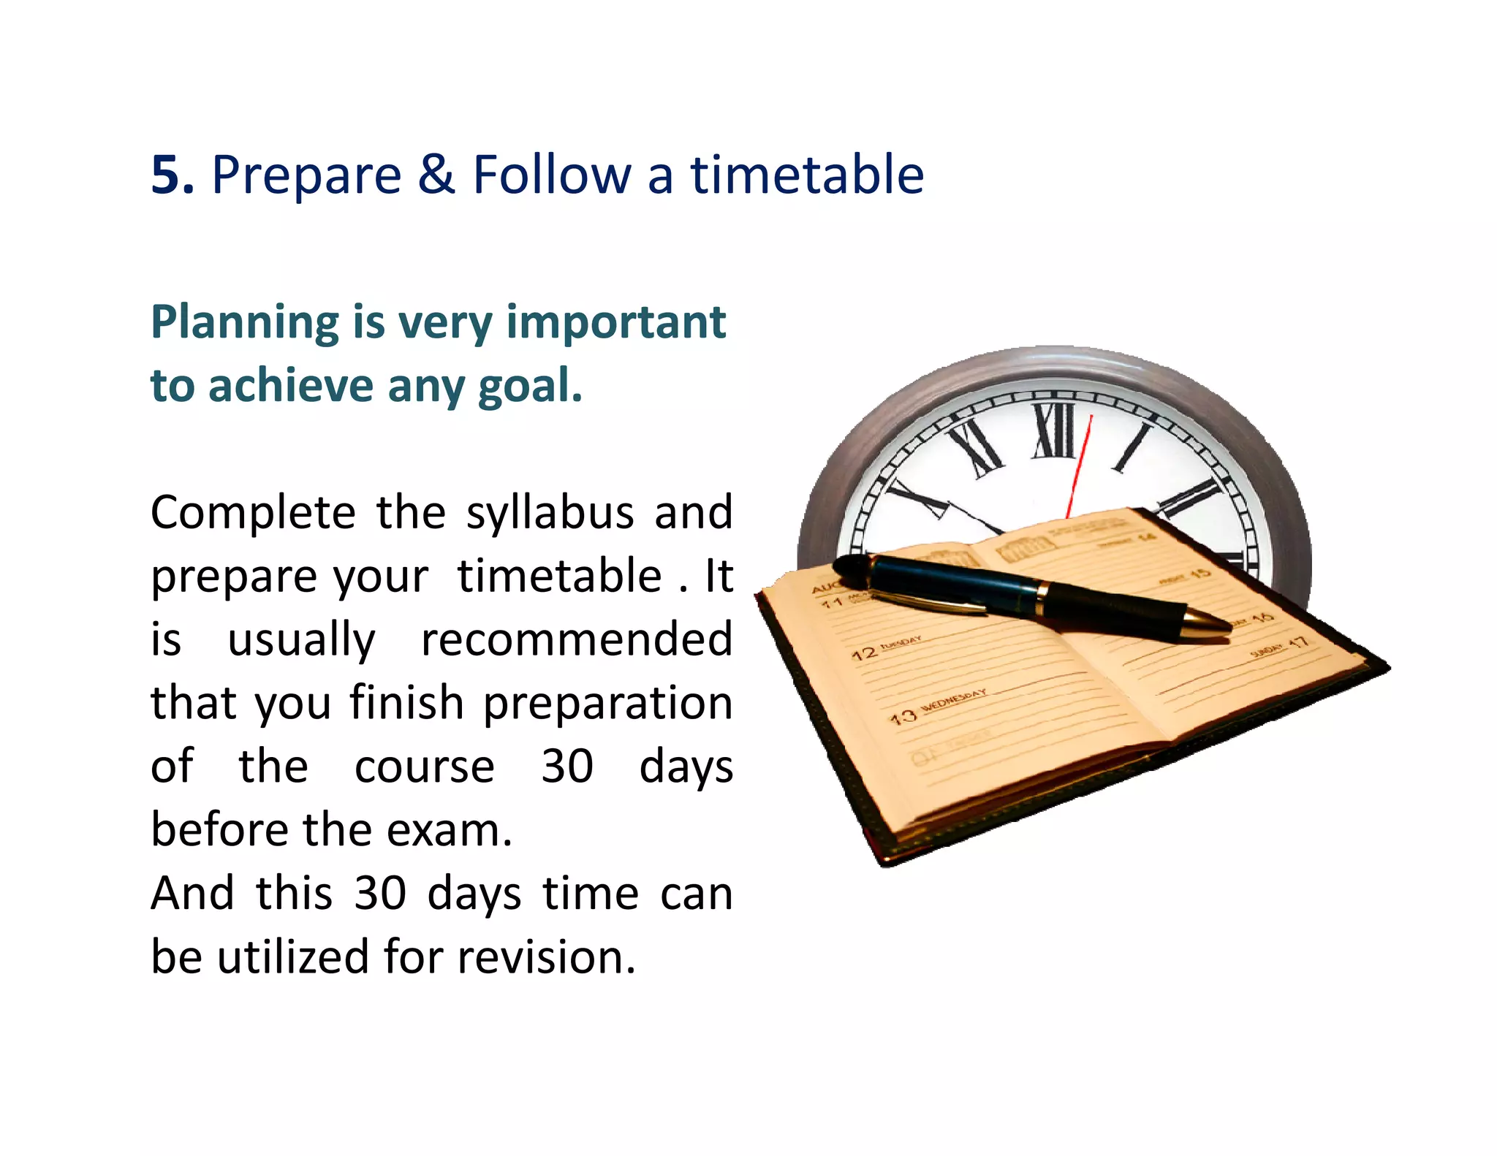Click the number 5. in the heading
[x=173, y=175]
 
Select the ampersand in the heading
[x=436, y=175]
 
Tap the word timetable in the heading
[x=807, y=175]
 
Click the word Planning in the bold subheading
[x=244, y=323]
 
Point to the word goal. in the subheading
[x=530, y=386]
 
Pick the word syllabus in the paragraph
[x=550, y=514]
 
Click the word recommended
[x=577, y=640]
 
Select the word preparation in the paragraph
[x=607, y=704]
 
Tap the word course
[x=425, y=767]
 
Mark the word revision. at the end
[x=547, y=957]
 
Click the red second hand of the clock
[x=1079, y=468]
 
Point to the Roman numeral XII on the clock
[x=1055, y=431]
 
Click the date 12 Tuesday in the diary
[x=884, y=649]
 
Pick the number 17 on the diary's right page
[x=1297, y=643]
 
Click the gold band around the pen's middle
[x=1039, y=596]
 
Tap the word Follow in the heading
[x=552, y=175]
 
